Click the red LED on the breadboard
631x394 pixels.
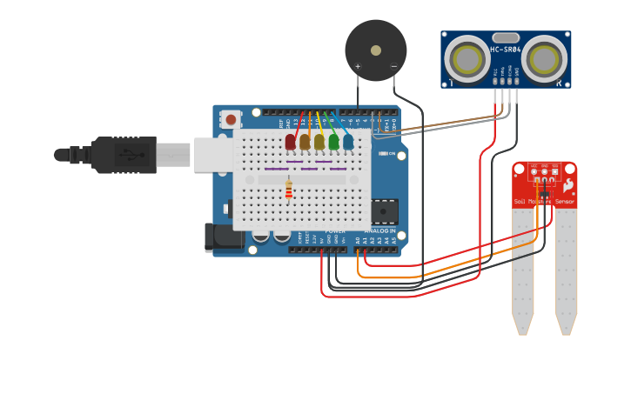click(291, 141)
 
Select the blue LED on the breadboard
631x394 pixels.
click(348, 141)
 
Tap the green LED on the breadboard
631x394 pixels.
click(333, 141)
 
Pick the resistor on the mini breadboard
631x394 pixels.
click(289, 190)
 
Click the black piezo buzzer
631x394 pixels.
click(375, 50)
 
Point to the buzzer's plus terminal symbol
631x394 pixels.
click(358, 66)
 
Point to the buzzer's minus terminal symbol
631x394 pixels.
click(393, 66)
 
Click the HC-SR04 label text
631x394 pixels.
click(506, 50)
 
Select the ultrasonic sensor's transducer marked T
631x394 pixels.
click(467, 59)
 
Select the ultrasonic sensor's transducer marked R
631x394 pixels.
click(545, 59)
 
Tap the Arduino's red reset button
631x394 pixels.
click(230, 119)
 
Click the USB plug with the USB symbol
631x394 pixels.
click(131, 155)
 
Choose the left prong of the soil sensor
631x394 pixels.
click(522, 270)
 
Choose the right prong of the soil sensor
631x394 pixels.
click(567, 270)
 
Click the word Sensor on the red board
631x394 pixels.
click(565, 202)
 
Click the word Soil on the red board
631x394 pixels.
click(520, 202)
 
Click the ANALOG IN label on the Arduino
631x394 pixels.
click(379, 230)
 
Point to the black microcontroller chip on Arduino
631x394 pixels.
click(383, 210)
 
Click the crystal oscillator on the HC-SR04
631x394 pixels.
click(506, 37)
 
